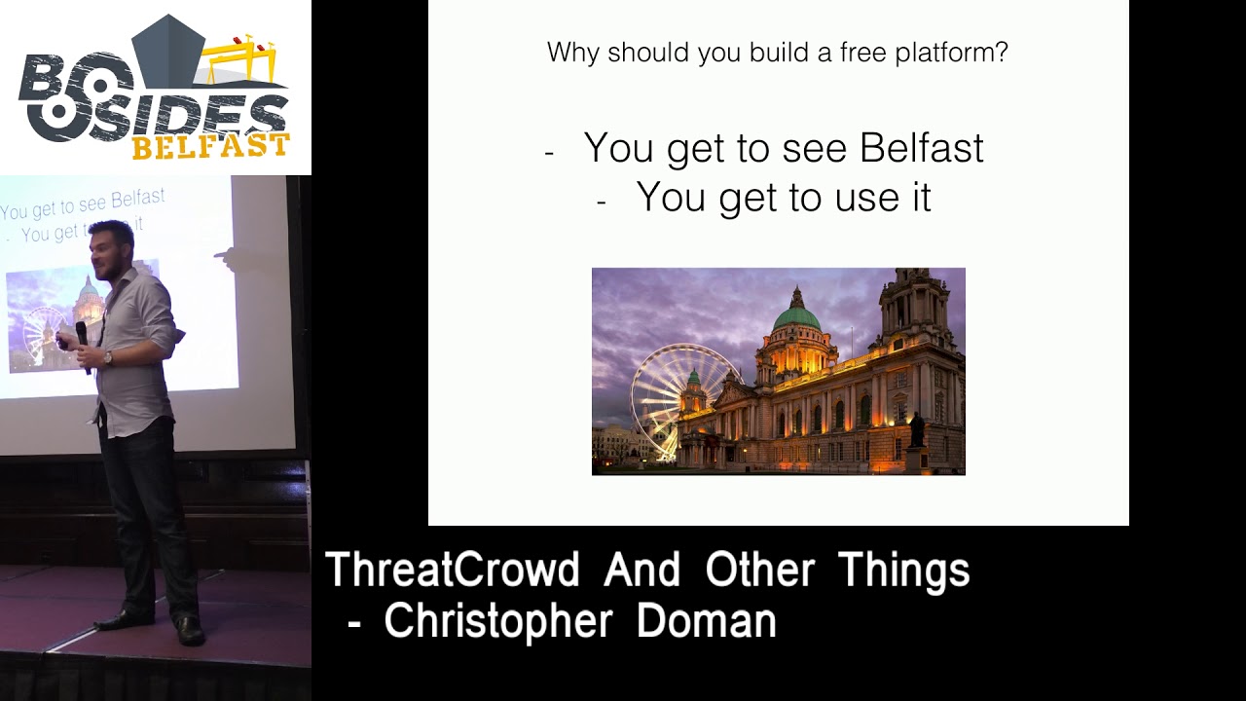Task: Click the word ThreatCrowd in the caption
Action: [452, 571]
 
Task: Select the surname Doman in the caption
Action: [706, 621]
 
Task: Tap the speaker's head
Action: [110, 247]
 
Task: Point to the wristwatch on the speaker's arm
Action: [107, 358]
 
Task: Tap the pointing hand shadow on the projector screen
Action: [227, 258]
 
